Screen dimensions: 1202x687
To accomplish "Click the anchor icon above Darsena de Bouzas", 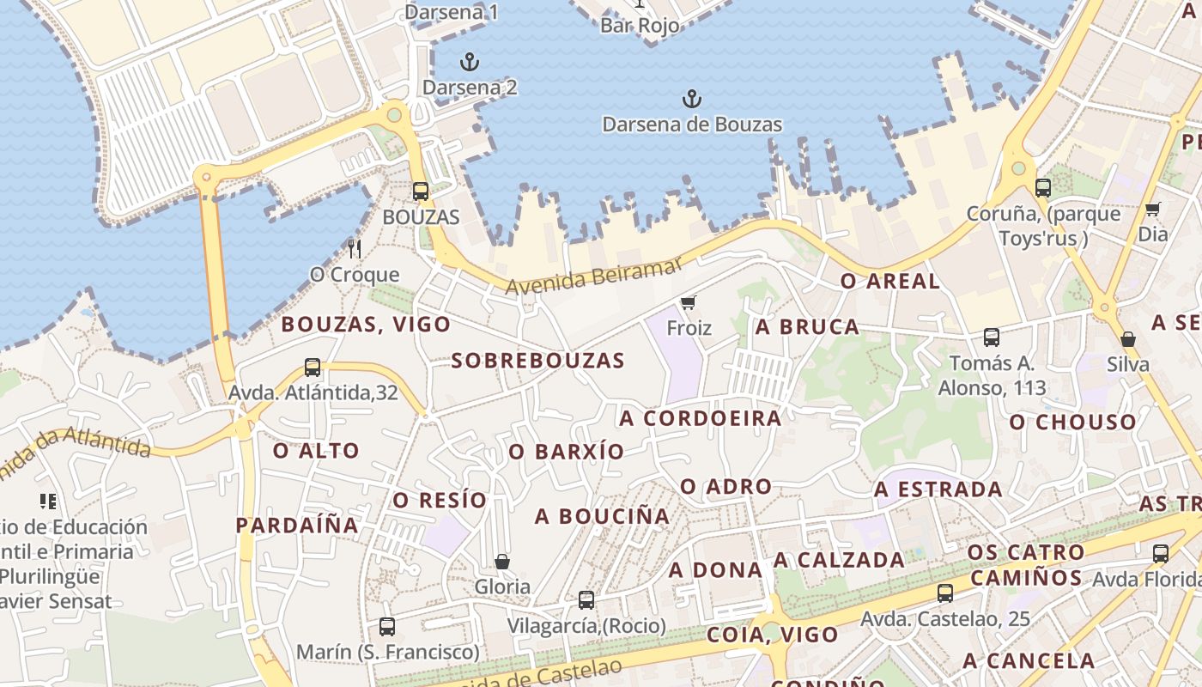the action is tap(691, 99).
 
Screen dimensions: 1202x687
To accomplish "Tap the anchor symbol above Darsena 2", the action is tap(469, 62).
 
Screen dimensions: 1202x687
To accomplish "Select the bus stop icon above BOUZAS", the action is tap(420, 192).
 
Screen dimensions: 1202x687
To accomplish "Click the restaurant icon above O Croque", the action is tap(355, 249).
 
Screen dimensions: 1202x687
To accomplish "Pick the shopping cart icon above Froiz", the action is tap(688, 302).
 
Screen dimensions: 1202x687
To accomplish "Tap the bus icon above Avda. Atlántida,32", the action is tap(313, 368).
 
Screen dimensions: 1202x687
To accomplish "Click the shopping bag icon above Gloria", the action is tap(502, 562).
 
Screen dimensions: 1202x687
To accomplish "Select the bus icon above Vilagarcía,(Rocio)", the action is tap(586, 600).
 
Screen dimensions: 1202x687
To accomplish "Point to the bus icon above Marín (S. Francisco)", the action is tap(387, 627).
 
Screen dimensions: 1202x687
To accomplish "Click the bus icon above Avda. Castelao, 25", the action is tap(945, 593).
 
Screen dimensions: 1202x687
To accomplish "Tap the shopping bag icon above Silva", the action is tap(1128, 339).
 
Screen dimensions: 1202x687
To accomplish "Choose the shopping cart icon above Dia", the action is tap(1152, 209).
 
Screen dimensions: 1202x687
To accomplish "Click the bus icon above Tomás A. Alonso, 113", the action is tap(992, 337).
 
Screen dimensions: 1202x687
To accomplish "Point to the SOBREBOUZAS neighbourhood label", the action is tap(538, 361).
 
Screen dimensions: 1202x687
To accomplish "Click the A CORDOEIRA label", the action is tap(701, 418).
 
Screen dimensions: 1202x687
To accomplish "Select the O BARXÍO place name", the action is tap(567, 452).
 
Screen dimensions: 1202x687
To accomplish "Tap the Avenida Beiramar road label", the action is tap(593, 277).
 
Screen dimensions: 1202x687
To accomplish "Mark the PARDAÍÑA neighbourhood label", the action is tap(297, 525).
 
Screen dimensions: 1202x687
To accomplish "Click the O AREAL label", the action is tap(889, 281).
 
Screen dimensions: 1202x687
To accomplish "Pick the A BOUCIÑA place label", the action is tap(602, 516).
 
